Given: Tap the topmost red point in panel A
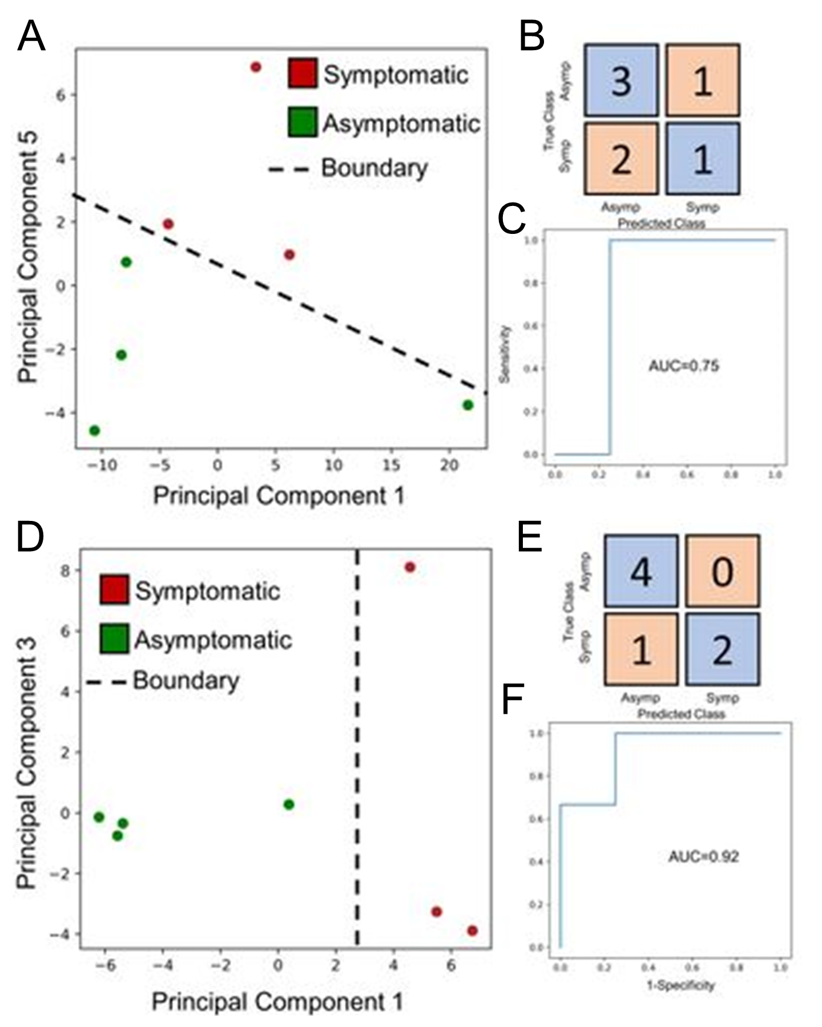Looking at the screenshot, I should click(x=256, y=67).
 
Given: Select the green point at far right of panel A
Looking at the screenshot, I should click(x=468, y=405).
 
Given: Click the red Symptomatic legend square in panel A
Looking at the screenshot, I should click(x=302, y=73).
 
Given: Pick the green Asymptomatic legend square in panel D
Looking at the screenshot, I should click(x=114, y=638).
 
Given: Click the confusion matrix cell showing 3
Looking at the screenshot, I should click(x=622, y=80).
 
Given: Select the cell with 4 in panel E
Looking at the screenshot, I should click(x=641, y=571).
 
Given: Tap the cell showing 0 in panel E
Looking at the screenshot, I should click(x=722, y=571).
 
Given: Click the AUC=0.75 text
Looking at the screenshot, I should click(x=683, y=366).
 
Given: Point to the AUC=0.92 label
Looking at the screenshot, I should click(x=703, y=856).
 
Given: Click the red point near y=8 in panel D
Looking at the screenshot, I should click(x=410, y=567).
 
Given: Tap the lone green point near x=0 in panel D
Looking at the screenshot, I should click(x=289, y=804).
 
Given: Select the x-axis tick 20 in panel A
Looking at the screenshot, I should click(x=449, y=466).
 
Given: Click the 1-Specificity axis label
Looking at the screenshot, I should click(x=680, y=985).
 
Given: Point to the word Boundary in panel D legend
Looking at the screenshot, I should click(x=186, y=681).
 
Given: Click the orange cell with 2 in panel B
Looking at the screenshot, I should click(x=622, y=159).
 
